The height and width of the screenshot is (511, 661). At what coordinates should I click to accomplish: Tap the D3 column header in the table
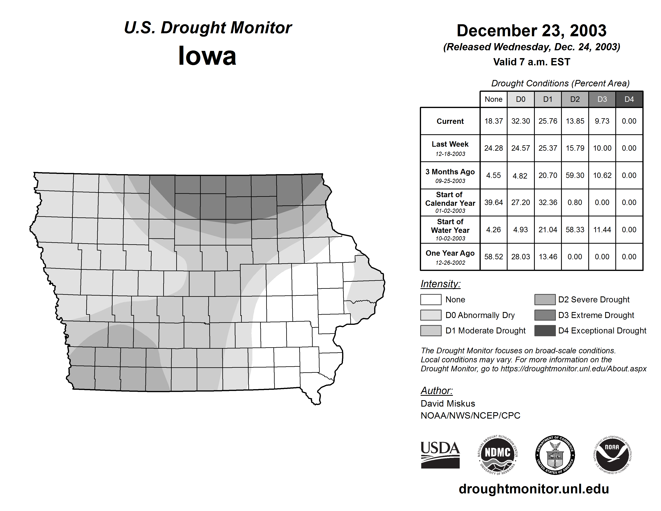point(602,99)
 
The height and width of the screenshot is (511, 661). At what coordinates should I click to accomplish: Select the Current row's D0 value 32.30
point(521,121)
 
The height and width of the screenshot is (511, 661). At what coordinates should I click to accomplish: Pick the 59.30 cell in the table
point(575,175)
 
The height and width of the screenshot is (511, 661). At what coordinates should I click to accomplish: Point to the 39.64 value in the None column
point(493,203)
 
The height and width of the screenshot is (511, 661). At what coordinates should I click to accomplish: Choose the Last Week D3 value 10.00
point(602,148)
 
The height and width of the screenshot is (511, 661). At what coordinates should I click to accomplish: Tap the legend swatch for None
point(431,299)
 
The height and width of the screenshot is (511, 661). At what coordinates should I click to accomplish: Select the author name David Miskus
point(448,404)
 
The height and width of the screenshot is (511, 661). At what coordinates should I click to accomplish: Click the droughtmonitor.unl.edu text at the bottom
point(534,489)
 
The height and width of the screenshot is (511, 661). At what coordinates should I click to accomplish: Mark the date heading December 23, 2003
point(531,31)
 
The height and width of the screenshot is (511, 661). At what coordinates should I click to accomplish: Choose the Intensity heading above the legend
point(440,284)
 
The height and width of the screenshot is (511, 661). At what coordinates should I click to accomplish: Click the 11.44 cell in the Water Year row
point(602,230)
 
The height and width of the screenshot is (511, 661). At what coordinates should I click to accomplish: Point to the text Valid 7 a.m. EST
point(531,62)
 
